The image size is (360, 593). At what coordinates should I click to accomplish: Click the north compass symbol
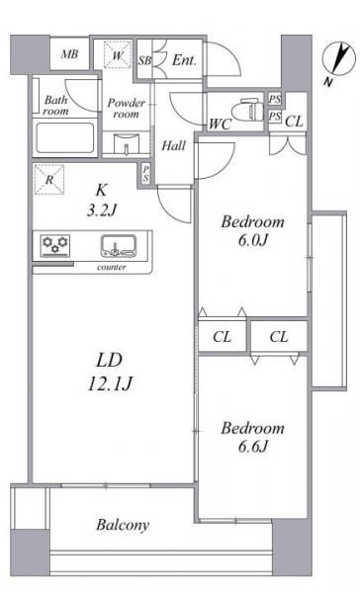pos(339,59)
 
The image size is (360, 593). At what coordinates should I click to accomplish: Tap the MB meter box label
pos(69,54)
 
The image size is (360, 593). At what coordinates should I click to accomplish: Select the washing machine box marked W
pos(118,55)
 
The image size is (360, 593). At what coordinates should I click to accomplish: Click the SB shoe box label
pos(144,60)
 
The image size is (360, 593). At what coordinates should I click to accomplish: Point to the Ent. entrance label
pos(184,59)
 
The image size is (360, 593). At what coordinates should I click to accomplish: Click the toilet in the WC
pos(248,110)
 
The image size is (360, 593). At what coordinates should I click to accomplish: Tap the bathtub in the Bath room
pos(65,137)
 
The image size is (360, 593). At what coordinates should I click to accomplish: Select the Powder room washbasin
pos(127,143)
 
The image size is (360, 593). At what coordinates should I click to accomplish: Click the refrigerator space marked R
pos(49,180)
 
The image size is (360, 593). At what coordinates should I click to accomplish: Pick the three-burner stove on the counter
pos(55,245)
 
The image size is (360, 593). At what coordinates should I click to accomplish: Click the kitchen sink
pos(119,245)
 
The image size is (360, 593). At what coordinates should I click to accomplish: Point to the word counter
pos(112,267)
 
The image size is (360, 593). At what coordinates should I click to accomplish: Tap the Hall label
pos(174,145)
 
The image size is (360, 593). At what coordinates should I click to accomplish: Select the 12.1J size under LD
pos(110,383)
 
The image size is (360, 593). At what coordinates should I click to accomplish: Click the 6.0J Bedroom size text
pos(253,240)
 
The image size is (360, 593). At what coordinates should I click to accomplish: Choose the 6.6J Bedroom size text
pos(253,447)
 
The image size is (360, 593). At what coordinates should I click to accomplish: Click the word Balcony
pos(123,525)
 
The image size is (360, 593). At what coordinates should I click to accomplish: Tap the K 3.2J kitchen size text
pos(101,200)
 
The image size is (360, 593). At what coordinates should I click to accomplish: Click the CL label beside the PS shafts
pos(294,122)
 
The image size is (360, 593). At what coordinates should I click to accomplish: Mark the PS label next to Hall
pos(145,174)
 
